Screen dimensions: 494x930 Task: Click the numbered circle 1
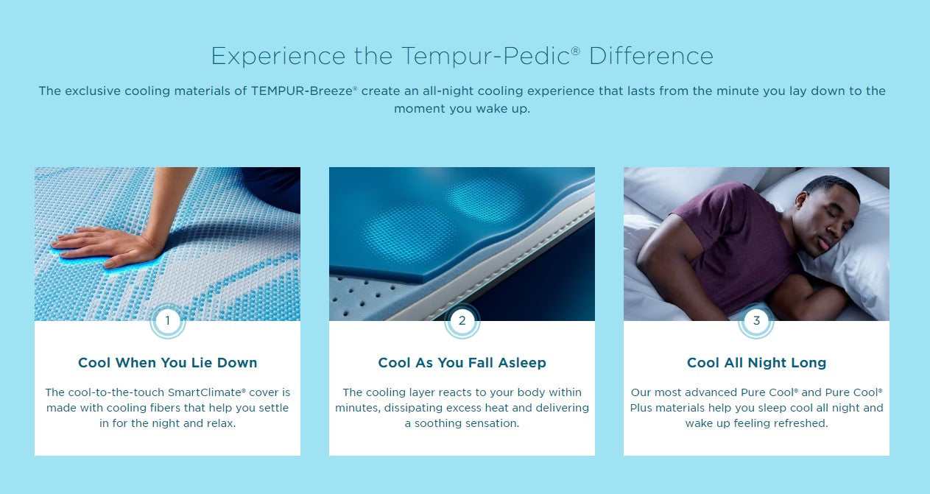click(x=167, y=321)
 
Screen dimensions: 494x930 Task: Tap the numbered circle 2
click(x=462, y=321)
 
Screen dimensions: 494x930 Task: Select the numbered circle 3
click(x=756, y=321)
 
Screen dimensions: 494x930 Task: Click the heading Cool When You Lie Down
click(x=167, y=363)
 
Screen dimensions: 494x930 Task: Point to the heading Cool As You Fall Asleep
click(x=462, y=363)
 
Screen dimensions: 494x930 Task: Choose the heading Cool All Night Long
click(x=756, y=363)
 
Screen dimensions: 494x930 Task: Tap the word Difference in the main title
click(x=650, y=56)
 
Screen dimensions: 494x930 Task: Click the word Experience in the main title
click(x=278, y=56)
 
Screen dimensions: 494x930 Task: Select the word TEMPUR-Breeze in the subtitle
click(x=303, y=91)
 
